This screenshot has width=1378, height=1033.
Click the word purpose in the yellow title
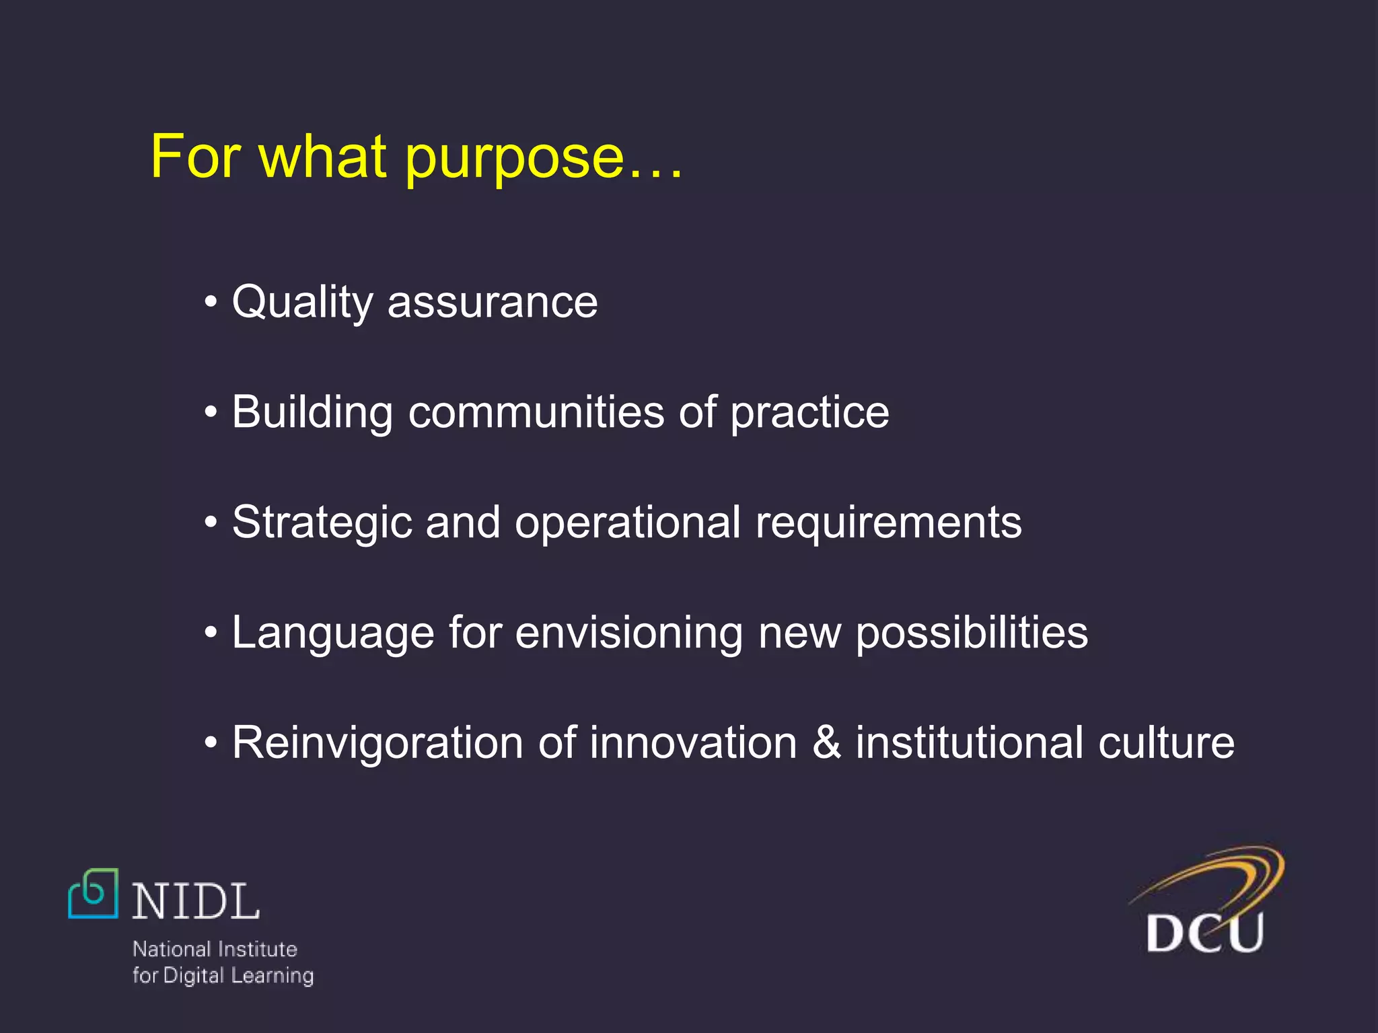(515, 159)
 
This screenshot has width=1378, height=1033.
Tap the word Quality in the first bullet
(301, 303)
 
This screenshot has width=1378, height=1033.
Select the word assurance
(492, 303)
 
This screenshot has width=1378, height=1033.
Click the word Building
(312, 412)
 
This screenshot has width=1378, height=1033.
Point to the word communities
(536, 412)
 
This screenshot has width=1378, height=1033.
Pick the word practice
(809, 412)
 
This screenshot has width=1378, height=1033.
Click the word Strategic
(322, 523)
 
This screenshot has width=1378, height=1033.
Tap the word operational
(627, 523)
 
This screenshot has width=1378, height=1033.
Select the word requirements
(888, 523)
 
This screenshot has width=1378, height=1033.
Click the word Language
(333, 633)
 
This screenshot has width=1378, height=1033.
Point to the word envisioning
(628, 633)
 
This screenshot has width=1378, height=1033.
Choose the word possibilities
(972, 633)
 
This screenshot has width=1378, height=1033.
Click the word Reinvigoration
(377, 743)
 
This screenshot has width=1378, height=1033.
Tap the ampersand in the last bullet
(826, 743)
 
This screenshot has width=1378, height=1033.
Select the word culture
(1166, 743)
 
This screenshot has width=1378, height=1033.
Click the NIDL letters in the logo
(195, 902)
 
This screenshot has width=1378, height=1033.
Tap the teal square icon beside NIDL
(94, 893)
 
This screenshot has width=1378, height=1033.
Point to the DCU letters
(1204, 933)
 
